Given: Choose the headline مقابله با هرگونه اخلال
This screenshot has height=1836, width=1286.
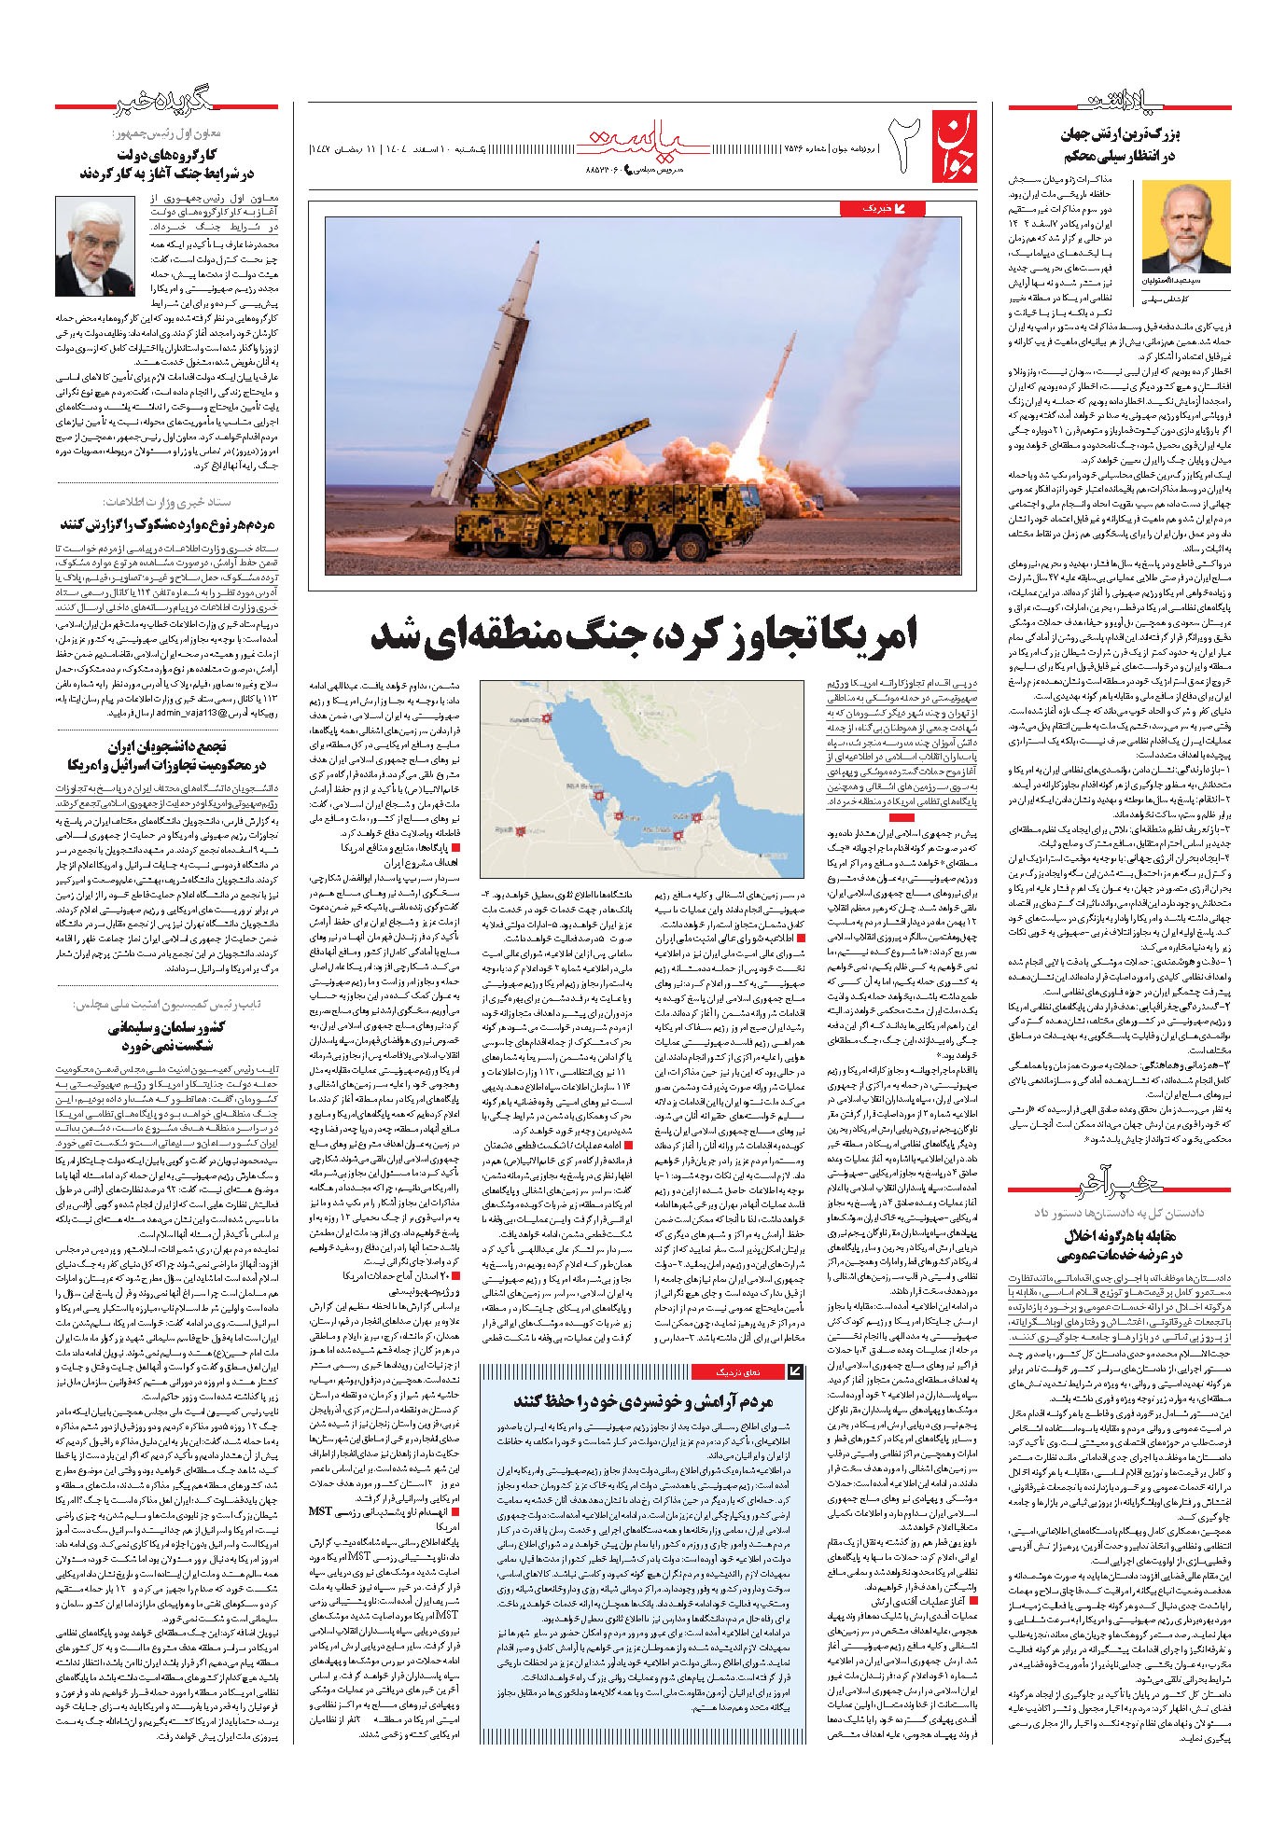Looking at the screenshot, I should point(1120,1235).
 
